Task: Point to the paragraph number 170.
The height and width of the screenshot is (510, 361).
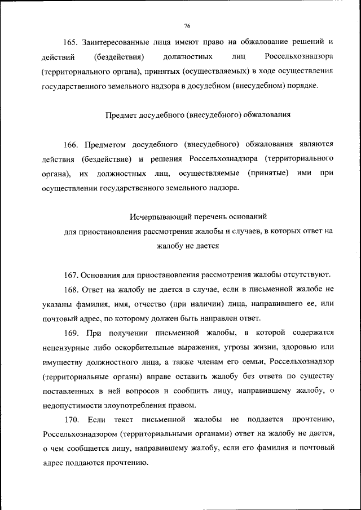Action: [72, 420]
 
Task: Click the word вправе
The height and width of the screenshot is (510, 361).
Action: [142, 376]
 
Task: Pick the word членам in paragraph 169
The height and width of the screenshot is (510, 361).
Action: [212, 362]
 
